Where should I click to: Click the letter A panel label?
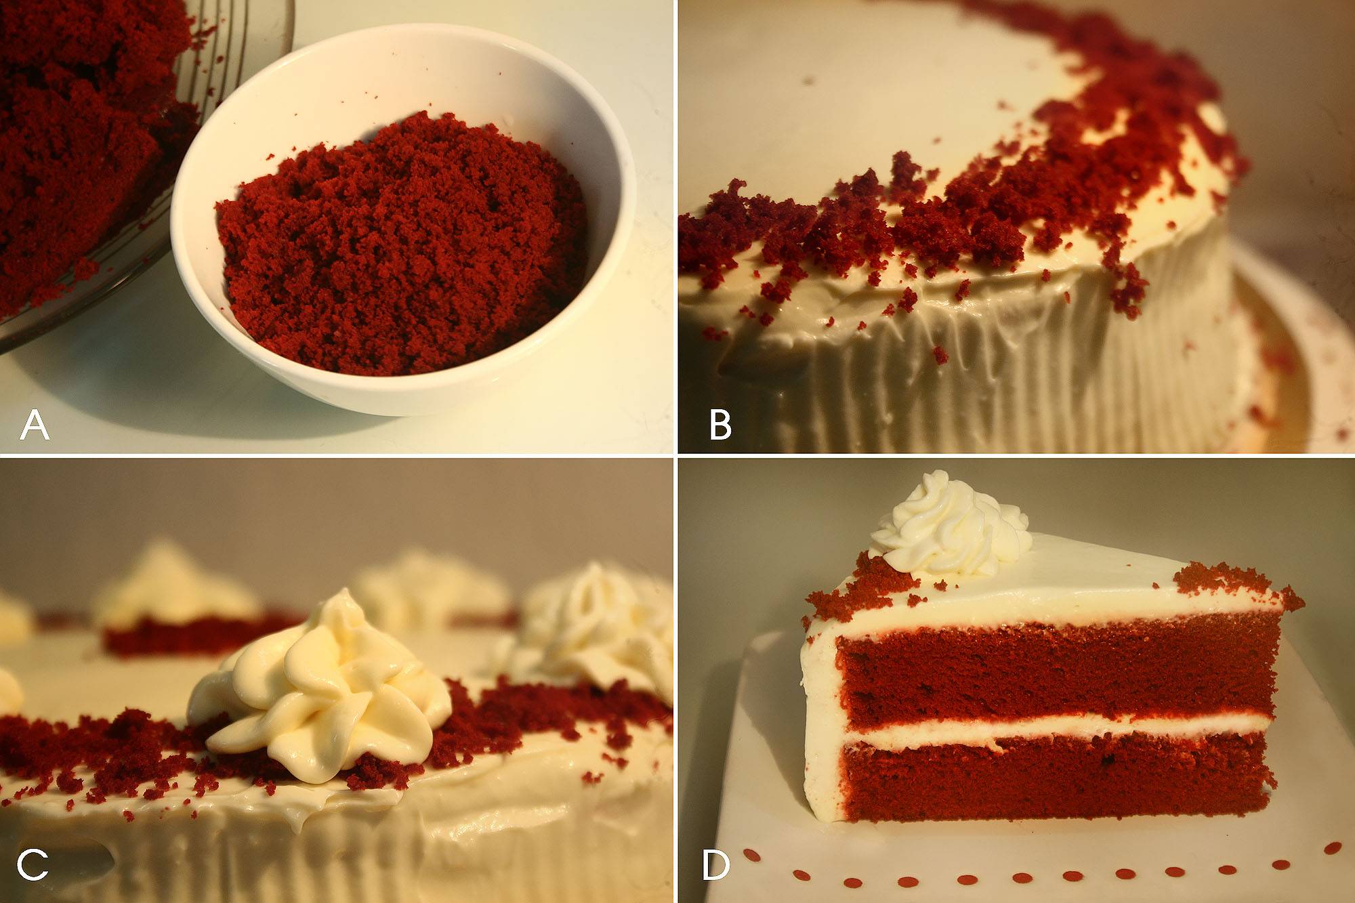(35, 426)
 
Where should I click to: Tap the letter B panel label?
(720, 426)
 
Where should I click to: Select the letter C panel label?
(33, 866)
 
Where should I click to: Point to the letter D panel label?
(716, 866)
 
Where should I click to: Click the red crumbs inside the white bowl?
(400, 244)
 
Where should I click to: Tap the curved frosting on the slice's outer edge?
(820, 718)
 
